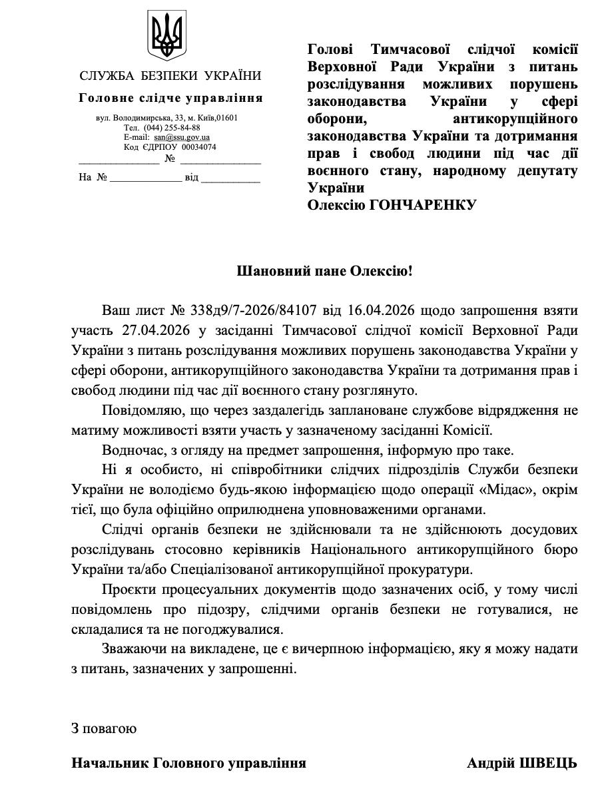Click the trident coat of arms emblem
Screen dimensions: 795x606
167,34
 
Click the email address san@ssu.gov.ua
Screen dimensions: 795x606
182,137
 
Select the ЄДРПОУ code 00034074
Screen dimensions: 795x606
199,147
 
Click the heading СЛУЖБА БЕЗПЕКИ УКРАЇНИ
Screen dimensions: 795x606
170,76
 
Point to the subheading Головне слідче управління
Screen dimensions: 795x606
170,98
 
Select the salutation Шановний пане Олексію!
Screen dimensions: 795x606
325,271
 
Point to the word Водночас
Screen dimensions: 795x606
133,450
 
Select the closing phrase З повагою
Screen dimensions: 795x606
104,728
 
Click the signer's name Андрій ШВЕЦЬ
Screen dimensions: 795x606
522,763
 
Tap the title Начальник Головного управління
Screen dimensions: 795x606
189,763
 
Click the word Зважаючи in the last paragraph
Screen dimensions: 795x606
131,649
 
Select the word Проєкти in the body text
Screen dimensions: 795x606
126,590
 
